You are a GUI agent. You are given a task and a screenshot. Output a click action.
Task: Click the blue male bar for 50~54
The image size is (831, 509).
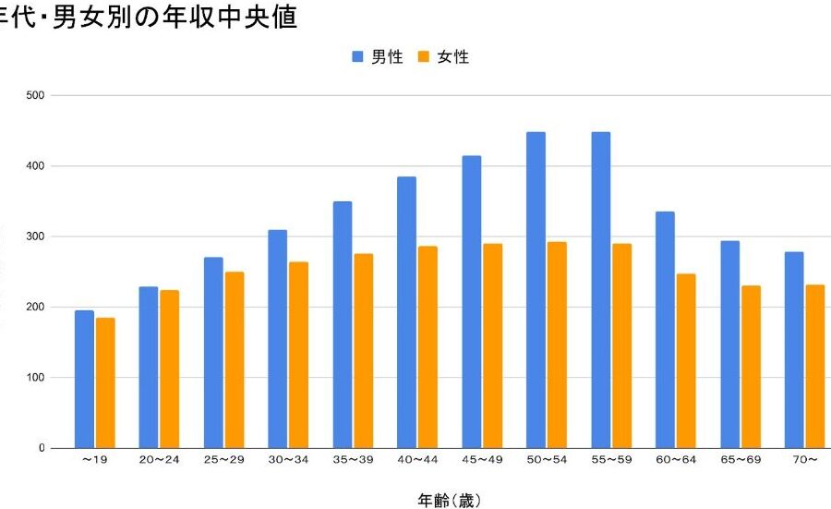pos(536,290)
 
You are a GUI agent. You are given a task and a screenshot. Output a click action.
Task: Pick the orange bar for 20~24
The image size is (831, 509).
pos(170,369)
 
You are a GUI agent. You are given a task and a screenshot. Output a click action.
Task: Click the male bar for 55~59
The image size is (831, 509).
pos(600,290)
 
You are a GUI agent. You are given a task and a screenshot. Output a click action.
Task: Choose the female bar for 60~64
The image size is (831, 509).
pos(686,360)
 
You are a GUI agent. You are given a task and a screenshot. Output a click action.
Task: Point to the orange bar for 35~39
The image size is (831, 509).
pos(364,351)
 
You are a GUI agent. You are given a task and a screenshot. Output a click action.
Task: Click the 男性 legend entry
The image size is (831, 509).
pos(378,57)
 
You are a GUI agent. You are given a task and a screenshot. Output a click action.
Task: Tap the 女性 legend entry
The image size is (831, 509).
pos(444,57)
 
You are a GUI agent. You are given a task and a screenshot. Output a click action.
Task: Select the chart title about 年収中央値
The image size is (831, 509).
pos(149,18)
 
